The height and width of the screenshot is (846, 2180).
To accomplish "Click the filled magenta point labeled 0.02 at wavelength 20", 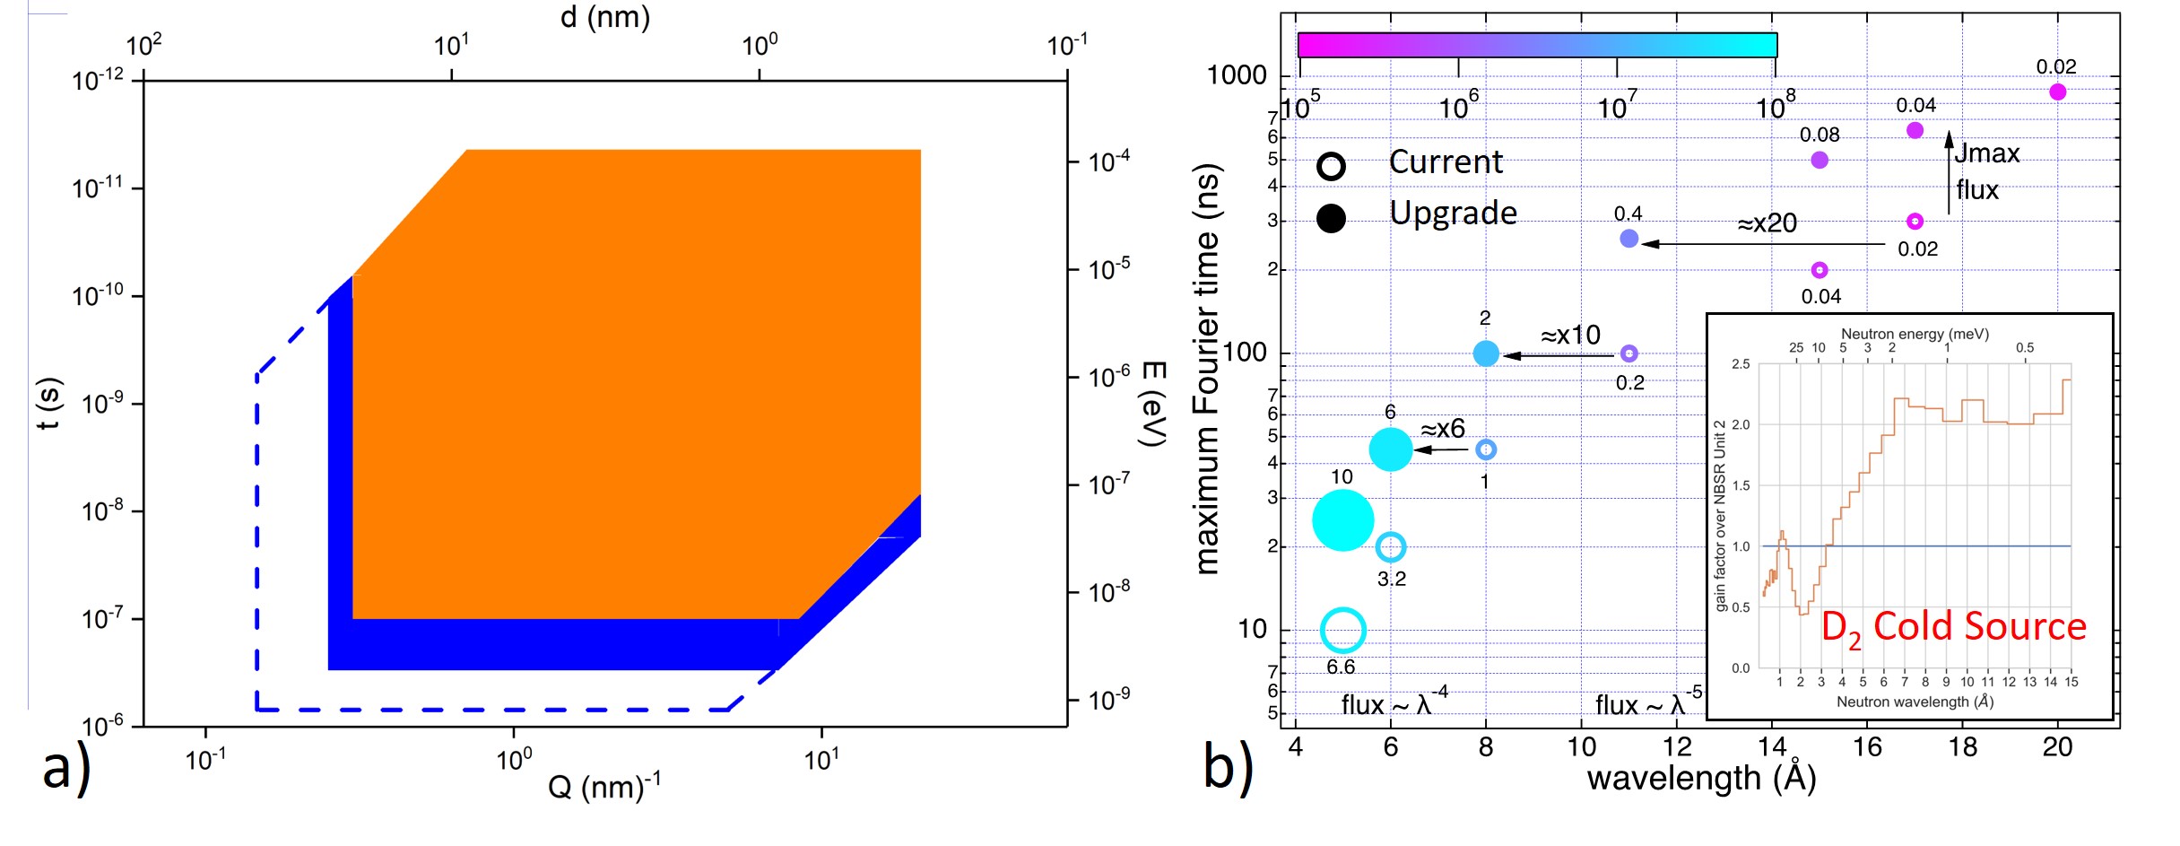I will pos(2057,92).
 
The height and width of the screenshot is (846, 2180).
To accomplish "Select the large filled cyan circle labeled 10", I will pos(1342,519).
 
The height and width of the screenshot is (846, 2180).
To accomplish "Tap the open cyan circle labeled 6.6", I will pos(1342,630).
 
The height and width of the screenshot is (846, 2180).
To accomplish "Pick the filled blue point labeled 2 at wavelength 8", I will pos(1486,353).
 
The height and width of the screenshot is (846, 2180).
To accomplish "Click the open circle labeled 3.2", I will pos(1390,546).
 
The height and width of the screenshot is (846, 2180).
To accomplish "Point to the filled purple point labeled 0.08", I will pos(1820,160).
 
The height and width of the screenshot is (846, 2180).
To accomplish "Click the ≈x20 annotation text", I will pos(1767,223).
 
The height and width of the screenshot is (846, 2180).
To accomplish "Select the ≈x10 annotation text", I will pos(1570,336).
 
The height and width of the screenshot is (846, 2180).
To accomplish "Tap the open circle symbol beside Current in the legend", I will pos(1332,166).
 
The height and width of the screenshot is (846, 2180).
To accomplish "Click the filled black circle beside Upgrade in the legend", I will pos(1332,218).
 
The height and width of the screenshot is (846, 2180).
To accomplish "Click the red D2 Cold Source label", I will pos(1953,627).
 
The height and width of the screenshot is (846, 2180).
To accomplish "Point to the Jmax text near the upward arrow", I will pos(1987,153).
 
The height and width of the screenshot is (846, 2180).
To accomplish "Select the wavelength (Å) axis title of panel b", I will pos(1701,778).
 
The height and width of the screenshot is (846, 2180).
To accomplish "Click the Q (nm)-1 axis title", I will pos(604,787).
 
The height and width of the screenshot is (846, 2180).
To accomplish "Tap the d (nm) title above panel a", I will pos(605,17).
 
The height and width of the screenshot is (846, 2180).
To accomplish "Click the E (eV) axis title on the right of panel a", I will pos(1151,404).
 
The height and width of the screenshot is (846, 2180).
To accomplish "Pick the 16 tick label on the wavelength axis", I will pos(1867,746).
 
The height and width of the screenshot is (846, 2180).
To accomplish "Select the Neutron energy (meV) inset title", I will pos(1915,334).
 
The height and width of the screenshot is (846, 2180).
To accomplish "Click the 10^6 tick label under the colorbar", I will pos(1458,108).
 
